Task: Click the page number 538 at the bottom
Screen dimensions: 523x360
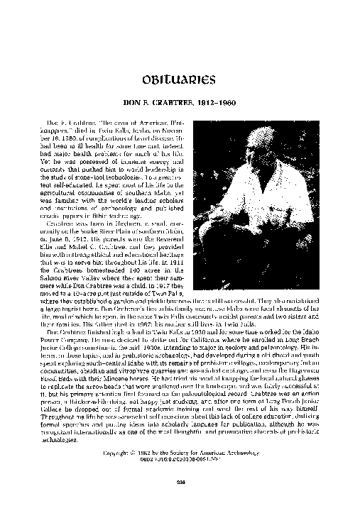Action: [180, 481]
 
